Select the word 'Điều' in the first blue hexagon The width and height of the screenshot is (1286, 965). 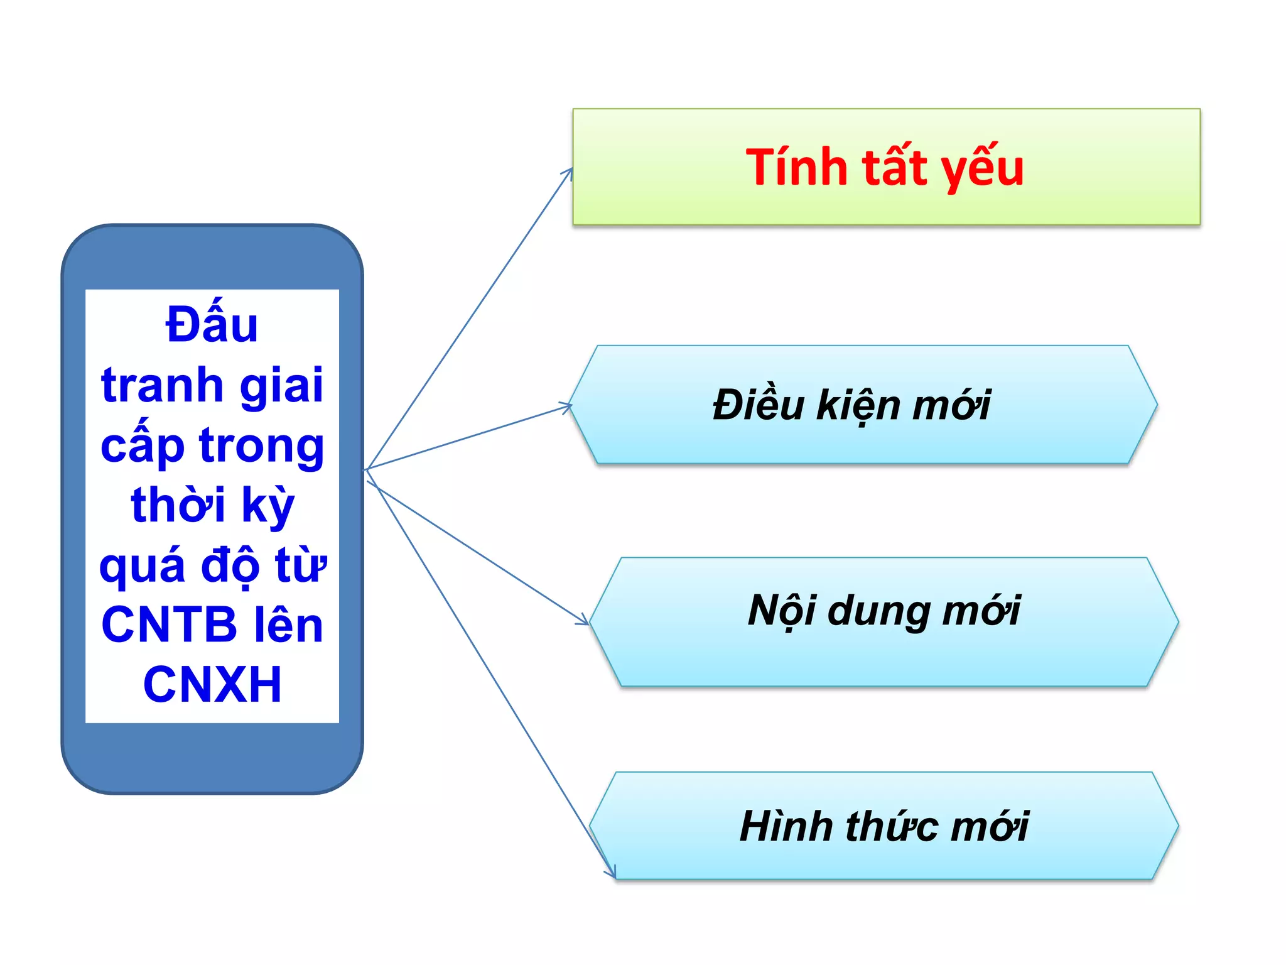pyautogui.click(x=759, y=405)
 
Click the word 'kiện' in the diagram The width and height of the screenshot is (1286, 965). pyautogui.click(x=858, y=406)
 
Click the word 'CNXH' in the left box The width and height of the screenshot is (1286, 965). pyautogui.click(x=212, y=684)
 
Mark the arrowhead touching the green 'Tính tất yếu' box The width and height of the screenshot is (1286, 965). pyautogui.click(x=569, y=172)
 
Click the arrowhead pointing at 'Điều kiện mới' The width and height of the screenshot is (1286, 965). pyautogui.click(x=568, y=407)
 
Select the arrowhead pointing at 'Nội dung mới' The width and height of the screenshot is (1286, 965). pyautogui.click(x=585, y=621)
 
